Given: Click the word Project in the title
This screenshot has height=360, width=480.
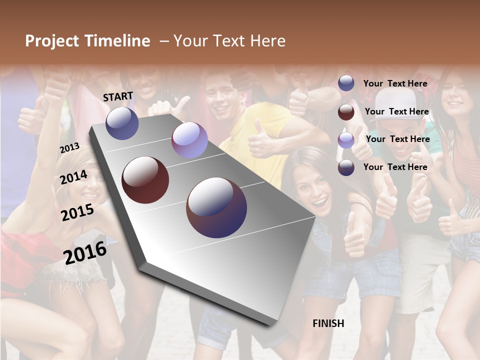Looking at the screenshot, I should pos(52,41).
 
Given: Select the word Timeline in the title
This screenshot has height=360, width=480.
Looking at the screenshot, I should pos(116,41).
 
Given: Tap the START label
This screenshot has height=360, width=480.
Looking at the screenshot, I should pos(118,96).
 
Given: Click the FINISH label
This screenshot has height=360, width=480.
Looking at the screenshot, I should pos(328,323).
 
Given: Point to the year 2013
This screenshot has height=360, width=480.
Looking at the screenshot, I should pos(70,147).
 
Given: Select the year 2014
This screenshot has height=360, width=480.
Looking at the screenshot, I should pos(74,177).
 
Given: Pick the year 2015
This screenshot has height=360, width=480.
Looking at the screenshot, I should pos(77,212).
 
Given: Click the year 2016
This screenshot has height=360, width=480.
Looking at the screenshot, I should pos(85,252).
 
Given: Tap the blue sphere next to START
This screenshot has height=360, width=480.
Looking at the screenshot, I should pos(122,123).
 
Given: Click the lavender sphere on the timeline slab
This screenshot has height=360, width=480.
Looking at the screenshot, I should pos(189,140).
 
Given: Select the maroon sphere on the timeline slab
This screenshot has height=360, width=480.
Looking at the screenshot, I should pos(145,180).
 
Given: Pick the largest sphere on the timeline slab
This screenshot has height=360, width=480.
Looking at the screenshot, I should pos(216,207).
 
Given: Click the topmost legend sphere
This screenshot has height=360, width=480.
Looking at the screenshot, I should pos(346,83).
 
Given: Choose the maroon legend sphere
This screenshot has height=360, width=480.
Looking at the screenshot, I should pos(346,112).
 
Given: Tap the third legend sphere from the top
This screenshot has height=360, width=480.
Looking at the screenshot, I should pos(346,140).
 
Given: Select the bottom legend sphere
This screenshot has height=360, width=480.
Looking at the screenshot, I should pos(346,167).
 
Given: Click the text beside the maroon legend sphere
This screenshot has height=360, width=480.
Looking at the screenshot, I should pos(396,111).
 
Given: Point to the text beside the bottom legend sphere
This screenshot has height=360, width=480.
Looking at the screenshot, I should pos(395,167).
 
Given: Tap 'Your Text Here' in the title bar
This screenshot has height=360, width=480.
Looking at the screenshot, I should pos(229,41).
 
